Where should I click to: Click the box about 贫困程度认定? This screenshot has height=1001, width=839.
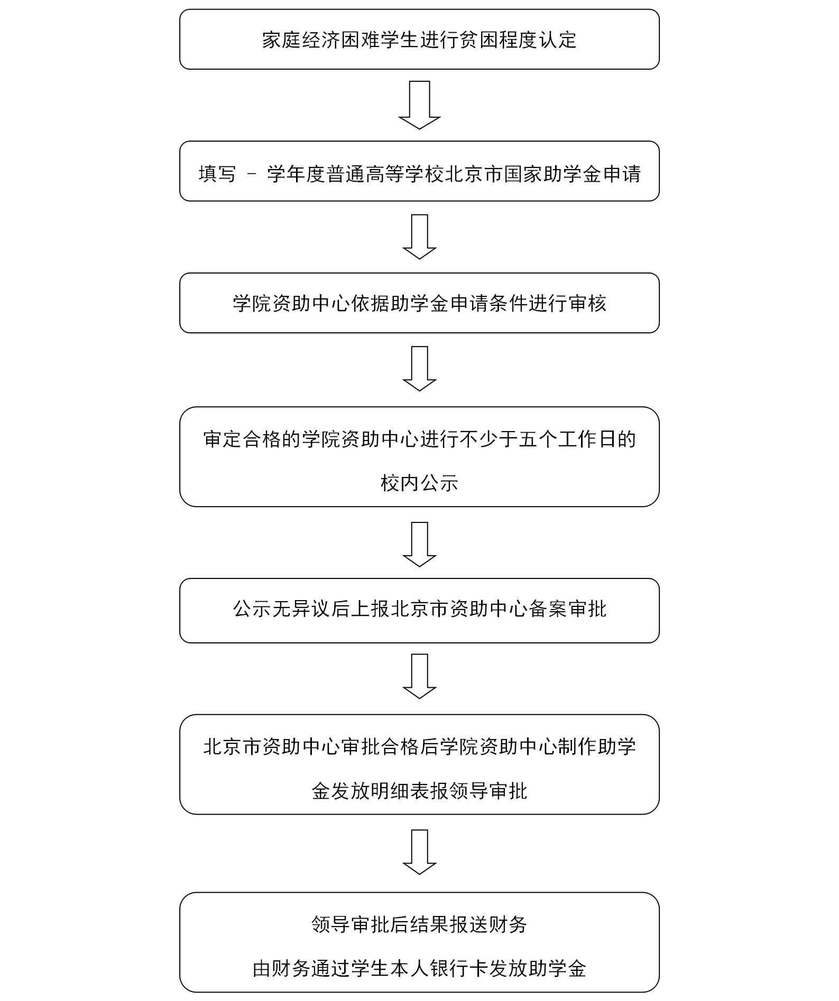coord(419,39)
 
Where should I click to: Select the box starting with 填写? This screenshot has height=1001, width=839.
coord(419,171)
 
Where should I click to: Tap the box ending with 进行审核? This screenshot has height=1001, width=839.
coord(419,303)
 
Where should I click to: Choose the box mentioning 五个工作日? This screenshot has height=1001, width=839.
coord(419,457)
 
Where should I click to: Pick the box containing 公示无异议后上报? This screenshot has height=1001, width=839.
coord(419,611)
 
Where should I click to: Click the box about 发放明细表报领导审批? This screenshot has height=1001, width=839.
coord(419,764)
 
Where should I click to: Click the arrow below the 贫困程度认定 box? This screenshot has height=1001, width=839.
coord(419,105)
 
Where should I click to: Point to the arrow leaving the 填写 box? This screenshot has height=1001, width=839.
coord(419,237)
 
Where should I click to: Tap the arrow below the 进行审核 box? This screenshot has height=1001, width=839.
coord(419,369)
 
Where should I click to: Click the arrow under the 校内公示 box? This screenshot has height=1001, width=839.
coord(419,545)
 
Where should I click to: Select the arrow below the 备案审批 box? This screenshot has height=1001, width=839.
coord(419,677)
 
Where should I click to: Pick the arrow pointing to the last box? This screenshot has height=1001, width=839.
coord(419,852)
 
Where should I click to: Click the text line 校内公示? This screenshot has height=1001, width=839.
coord(419,483)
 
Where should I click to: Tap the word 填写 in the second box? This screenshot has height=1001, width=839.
coord(217,174)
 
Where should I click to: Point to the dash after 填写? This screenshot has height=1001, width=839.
coord(251,174)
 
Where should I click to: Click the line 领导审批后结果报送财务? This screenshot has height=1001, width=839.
coord(419,924)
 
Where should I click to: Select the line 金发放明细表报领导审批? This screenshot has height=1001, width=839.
coord(419,791)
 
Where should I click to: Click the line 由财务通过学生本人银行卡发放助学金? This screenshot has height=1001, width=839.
coord(419,969)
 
